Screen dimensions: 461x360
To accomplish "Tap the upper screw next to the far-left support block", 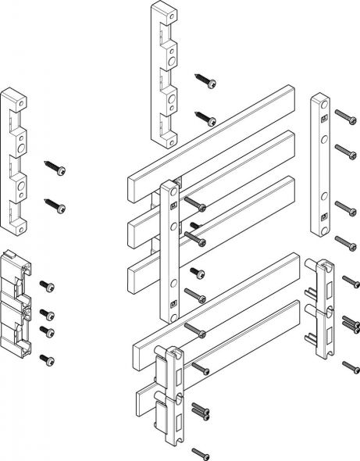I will click(x=57, y=170).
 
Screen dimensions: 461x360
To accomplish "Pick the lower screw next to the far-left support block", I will click(x=56, y=208).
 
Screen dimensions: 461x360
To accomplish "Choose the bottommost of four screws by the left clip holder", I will click(x=49, y=361).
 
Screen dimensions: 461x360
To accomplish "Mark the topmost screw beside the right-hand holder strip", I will click(x=344, y=117).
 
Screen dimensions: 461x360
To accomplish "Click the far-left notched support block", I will click(x=16, y=161).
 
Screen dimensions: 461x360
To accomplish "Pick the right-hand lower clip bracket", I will click(x=323, y=309).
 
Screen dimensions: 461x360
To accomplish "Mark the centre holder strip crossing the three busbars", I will click(x=169, y=250).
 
